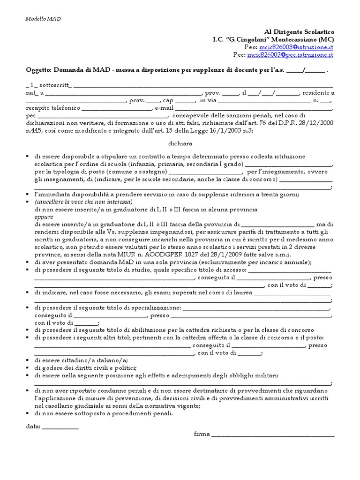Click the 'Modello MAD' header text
(x=43, y=19)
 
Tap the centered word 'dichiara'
(x=180, y=143)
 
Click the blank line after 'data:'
(x=60, y=427)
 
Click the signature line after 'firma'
(x=273, y=435)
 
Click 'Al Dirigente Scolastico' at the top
(x=297, y=32)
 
